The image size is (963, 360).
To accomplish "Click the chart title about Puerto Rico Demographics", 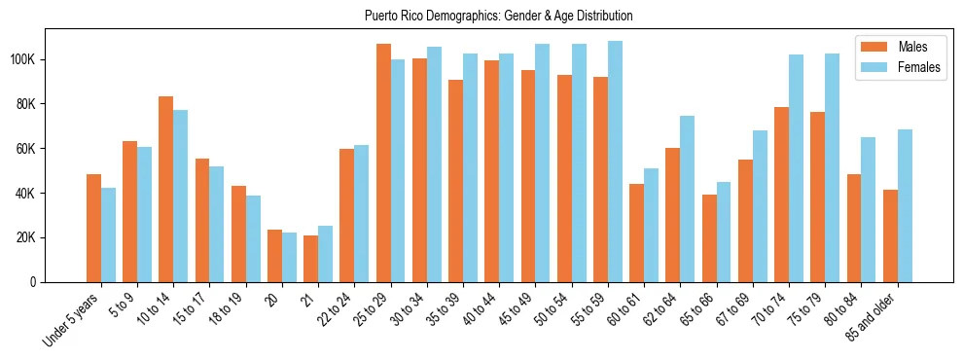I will click(497, 17).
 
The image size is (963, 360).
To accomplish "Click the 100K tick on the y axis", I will click(22, 60).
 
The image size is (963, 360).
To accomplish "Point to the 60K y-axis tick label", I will click(25, 149).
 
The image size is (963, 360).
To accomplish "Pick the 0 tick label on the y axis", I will click(33, 282).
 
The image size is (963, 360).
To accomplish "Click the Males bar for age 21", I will click(310, 259).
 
